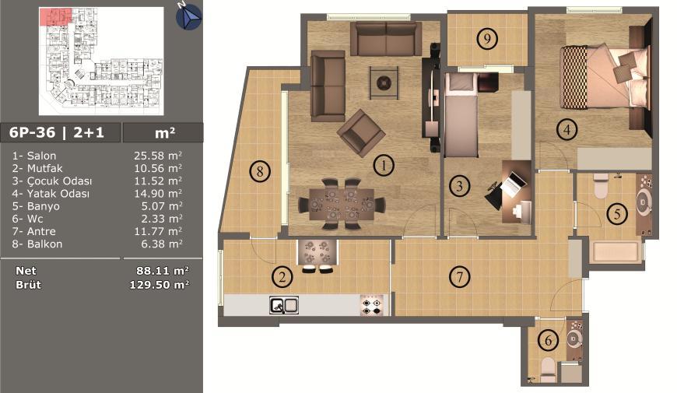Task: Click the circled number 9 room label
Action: pos(487,39)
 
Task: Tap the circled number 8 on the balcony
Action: pos(260,171)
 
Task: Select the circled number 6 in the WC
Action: pos(549,340)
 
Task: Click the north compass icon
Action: pos(188,16)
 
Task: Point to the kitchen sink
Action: pos(284,305)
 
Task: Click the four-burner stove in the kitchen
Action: pos(372,305)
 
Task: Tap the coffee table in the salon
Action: pos(384,83)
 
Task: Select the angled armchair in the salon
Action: pos(361,133)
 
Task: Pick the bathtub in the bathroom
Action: pos(616,252)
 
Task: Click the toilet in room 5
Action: pos(601,186)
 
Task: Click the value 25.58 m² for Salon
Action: pos(158,156)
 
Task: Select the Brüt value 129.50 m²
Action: pos(159,285)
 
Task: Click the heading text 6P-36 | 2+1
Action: pos(57,132)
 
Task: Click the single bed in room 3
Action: pos(461,115)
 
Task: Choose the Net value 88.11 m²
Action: pos(163,271)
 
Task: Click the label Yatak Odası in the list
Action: pos(58,194)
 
